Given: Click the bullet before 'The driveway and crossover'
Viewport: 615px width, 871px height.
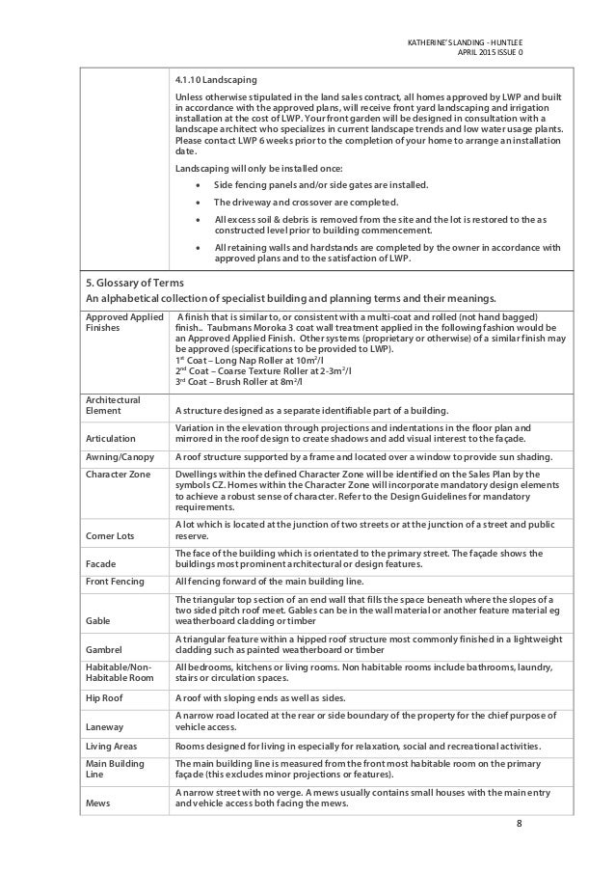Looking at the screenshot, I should coord(198,203).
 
